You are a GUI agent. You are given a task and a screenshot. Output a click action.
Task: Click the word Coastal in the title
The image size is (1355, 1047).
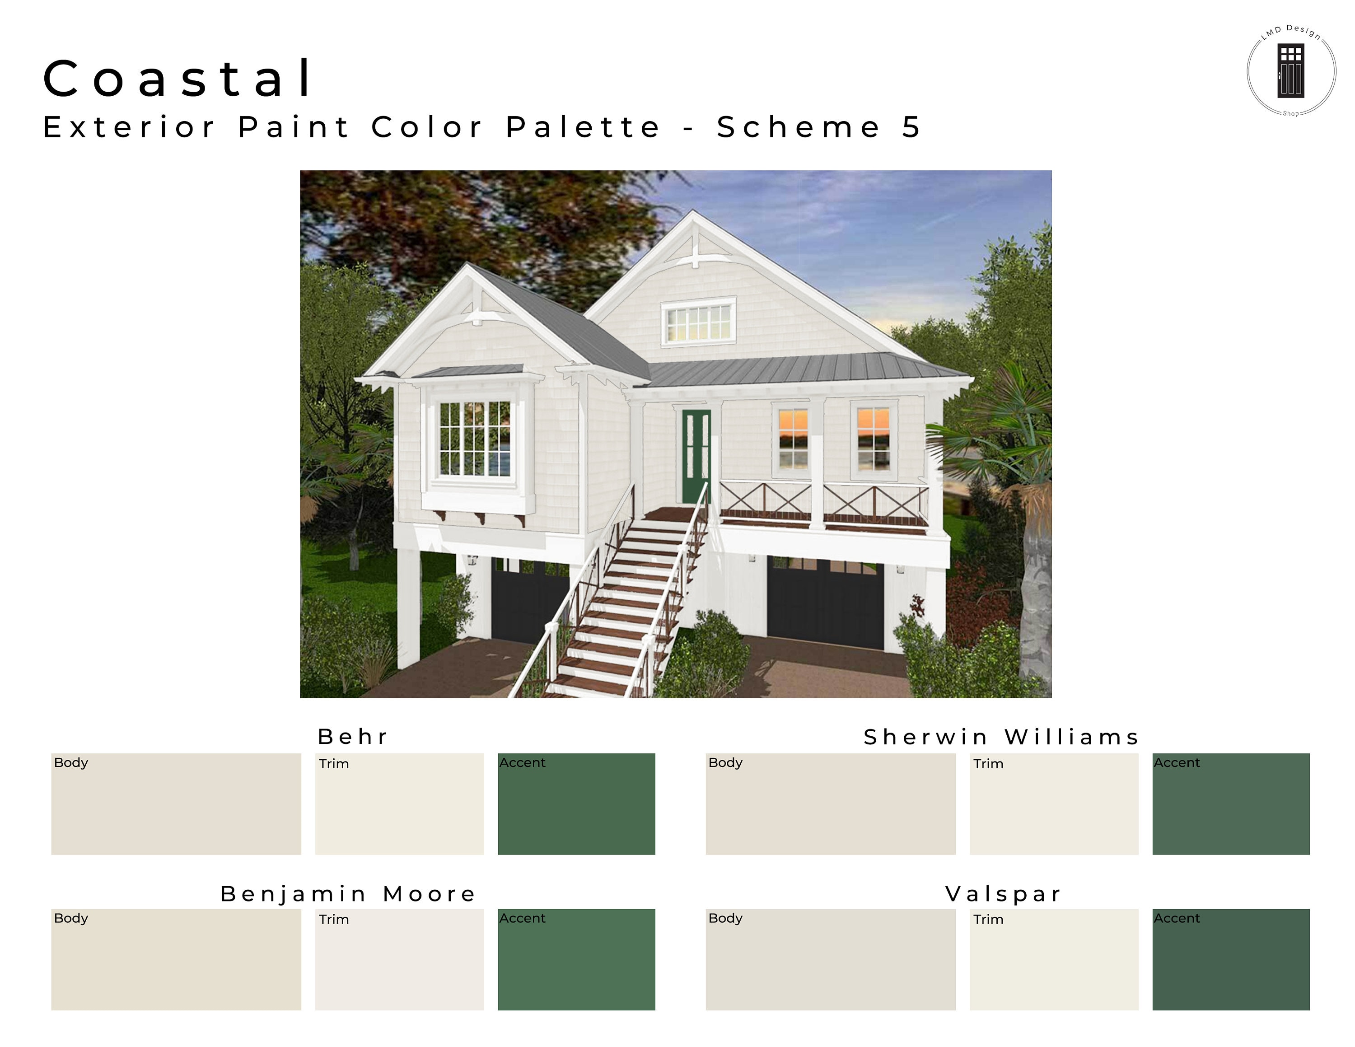click(x=178, y=78)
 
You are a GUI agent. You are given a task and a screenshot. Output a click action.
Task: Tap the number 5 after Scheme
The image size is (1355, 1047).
click(x=911, y=127)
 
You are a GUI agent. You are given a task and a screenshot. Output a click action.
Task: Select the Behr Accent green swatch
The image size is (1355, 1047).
click(x=576, y=804)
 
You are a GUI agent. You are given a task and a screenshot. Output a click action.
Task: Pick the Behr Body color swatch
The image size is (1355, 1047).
click(x=176, y=804)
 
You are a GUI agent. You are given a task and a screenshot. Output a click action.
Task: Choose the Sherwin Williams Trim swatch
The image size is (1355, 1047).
click(x=1054, y=804)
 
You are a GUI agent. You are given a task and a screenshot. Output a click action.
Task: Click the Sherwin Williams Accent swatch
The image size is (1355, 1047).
click(x=1231, y=804)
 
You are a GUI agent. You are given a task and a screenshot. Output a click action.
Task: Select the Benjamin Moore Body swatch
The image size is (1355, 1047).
click(x=176, y=959)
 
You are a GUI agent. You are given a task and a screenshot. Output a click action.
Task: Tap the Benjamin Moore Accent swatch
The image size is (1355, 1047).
click(x=576, y=959)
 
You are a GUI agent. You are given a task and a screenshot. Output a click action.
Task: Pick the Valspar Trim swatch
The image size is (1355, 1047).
click(x=1054, y=959)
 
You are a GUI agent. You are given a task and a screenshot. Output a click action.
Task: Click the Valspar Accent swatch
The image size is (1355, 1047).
click(x=1231, y=959)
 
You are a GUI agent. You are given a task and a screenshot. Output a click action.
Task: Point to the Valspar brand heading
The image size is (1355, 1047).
click(x=1003, y=894)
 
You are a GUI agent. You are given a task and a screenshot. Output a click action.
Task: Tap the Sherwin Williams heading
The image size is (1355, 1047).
click(x=1001, y=737)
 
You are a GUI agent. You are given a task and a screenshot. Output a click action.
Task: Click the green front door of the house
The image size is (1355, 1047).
click(x=696, y=456)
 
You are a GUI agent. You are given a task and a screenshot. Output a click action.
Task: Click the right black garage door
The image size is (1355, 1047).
click(x=825, y=603)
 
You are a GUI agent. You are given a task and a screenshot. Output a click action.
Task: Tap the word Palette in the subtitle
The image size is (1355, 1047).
click(x=583, y=127)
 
